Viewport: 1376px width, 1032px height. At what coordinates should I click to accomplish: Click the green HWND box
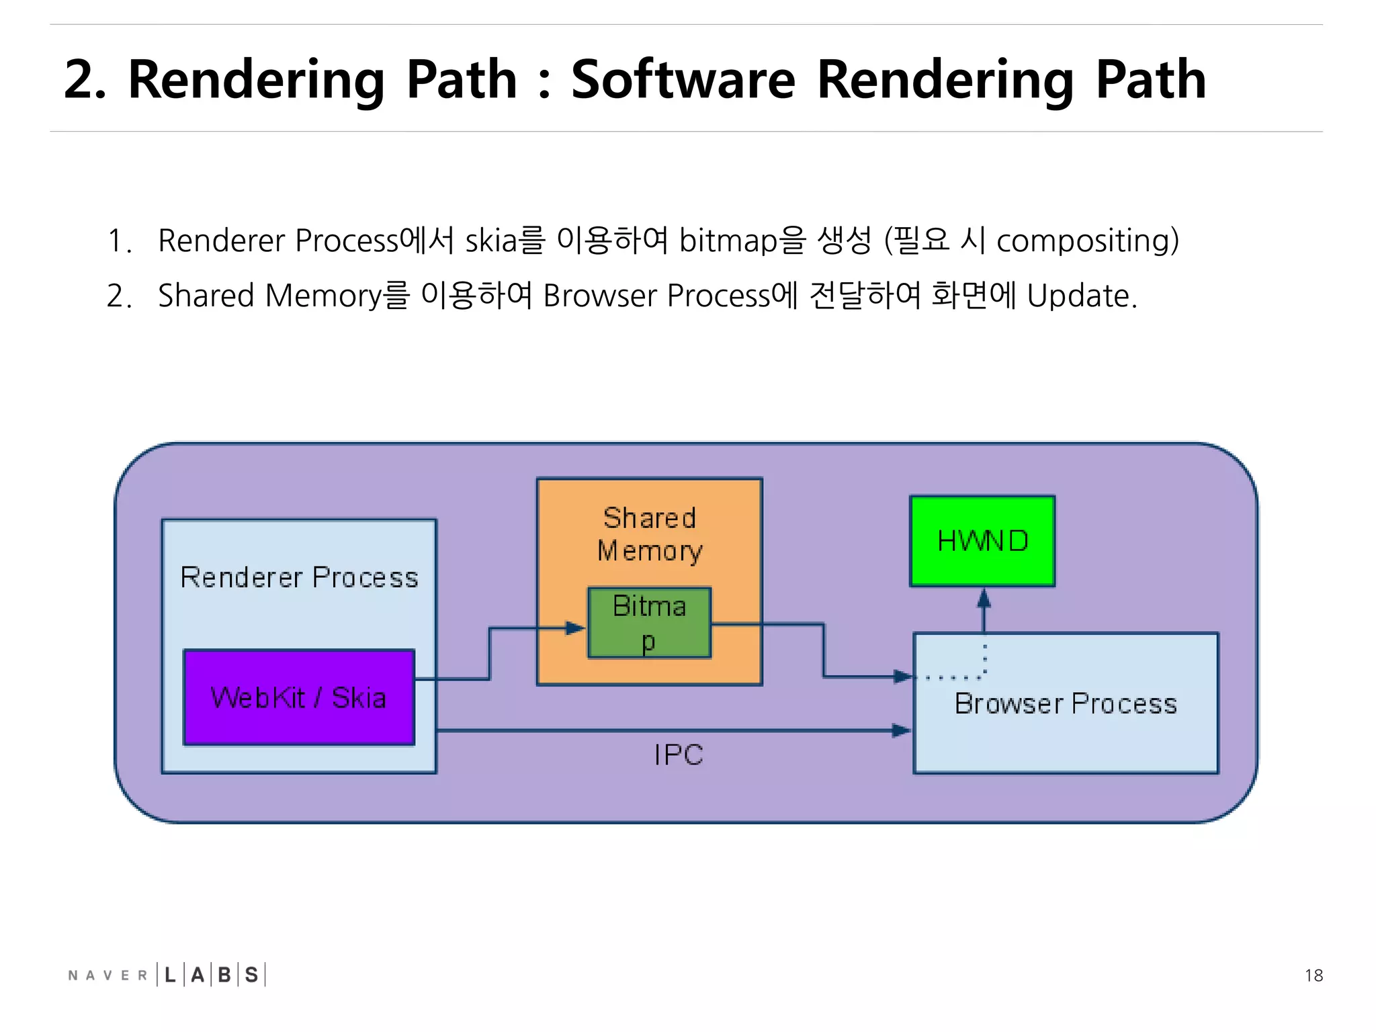point(982,542)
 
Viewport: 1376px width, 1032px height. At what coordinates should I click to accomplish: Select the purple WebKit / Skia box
point(299,697)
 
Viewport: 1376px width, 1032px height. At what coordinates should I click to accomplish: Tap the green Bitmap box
point(649,623)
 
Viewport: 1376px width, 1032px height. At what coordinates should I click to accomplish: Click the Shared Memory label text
point(650,534)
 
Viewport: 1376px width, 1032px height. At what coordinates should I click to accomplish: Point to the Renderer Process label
point(299,578)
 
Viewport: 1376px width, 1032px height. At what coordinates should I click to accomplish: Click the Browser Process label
point(1066,704)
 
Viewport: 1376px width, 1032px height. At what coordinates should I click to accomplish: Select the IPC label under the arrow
point(679,755)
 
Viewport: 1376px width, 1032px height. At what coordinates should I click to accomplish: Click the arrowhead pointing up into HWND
point(984,597)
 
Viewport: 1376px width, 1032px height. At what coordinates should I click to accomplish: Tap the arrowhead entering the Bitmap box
point(576,628)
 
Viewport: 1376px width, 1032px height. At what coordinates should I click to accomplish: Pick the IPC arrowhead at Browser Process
point(901,730)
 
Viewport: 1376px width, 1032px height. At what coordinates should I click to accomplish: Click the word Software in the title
point(683,79)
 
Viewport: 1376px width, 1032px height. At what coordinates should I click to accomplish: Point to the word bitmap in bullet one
point(728,241)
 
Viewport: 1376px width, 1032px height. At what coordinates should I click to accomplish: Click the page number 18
point(1314,976)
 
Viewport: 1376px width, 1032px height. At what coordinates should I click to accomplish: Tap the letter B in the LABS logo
point(224,975)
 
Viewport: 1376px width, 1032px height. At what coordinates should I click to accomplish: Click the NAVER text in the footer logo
point(107,976)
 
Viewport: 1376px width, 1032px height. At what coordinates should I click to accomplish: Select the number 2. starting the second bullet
point(119,296)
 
